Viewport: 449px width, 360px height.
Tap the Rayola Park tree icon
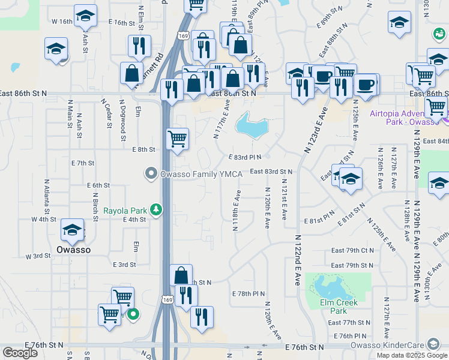[157, 209]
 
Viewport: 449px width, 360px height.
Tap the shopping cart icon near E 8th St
[177, 139]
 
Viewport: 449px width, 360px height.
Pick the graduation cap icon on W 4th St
[71, 230]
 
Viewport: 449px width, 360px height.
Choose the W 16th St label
[62, 21]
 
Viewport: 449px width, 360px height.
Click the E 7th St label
[83, 163]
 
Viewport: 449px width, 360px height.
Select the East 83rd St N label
[271, 172]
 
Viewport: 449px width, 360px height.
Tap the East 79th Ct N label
[352, 250]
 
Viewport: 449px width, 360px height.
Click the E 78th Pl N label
[248, 293]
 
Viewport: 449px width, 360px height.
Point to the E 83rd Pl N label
[245, 157]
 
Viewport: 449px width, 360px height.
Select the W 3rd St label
[38, 256]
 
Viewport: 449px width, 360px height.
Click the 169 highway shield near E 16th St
[183, 36]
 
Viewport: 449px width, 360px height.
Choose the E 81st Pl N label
[319, 221]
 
